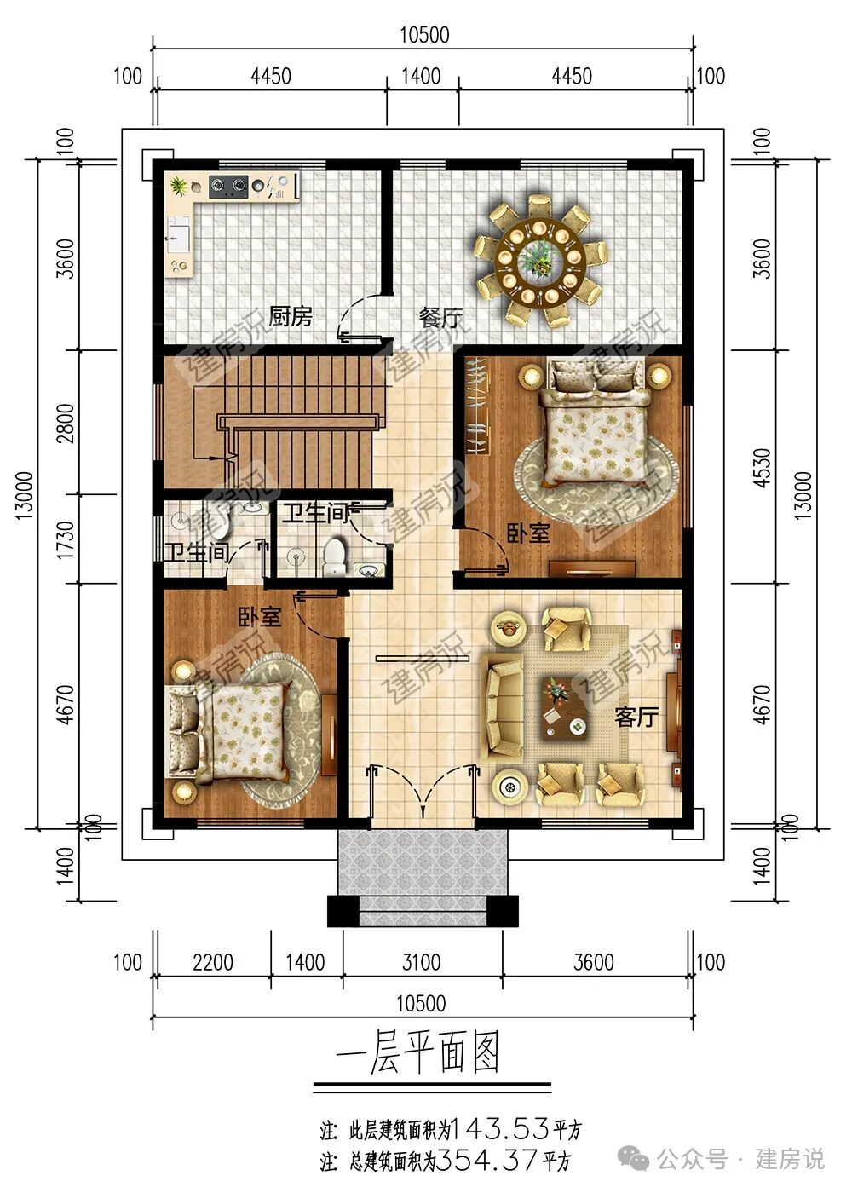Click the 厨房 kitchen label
(x=290, y=317)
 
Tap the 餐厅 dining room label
(x=440, y=319)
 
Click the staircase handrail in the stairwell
(x=298, y=422)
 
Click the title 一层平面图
(x=417, y=1055)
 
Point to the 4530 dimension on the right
(x=763, y=467)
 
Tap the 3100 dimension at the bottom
(x=422, y=962)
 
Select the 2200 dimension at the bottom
(x=213, y=962)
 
